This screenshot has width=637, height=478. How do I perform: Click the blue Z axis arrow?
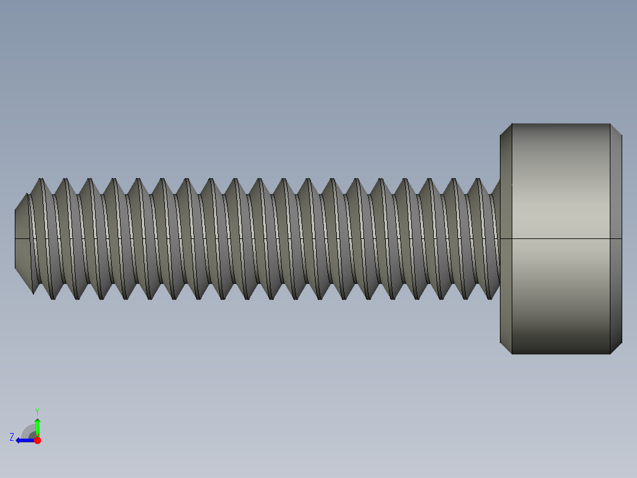(24, 440)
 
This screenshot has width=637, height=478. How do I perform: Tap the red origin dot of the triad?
(37, 440)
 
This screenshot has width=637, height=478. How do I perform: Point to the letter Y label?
(37, 411)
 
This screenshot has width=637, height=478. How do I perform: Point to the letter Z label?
(12, 437)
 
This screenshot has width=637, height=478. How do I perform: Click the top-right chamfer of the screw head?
(616, 130)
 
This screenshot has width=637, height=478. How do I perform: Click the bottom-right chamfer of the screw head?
(616, 348)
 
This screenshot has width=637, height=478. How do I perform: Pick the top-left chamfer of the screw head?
(506, 130)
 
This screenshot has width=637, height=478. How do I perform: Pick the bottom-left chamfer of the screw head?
(506, 348)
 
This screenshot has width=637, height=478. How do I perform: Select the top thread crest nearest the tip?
(41, 180)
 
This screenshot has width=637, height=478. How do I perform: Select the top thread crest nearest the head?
(479, 179)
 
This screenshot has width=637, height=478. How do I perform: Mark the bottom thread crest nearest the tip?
(53, 298)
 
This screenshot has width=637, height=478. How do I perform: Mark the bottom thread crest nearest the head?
(490, 298)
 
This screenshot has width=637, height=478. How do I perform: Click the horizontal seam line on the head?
(561, 238)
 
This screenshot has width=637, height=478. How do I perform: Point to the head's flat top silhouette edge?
(561, 124)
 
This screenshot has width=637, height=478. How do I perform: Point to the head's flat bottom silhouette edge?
(561, 354)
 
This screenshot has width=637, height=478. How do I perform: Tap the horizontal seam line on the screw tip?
(22, 238)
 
